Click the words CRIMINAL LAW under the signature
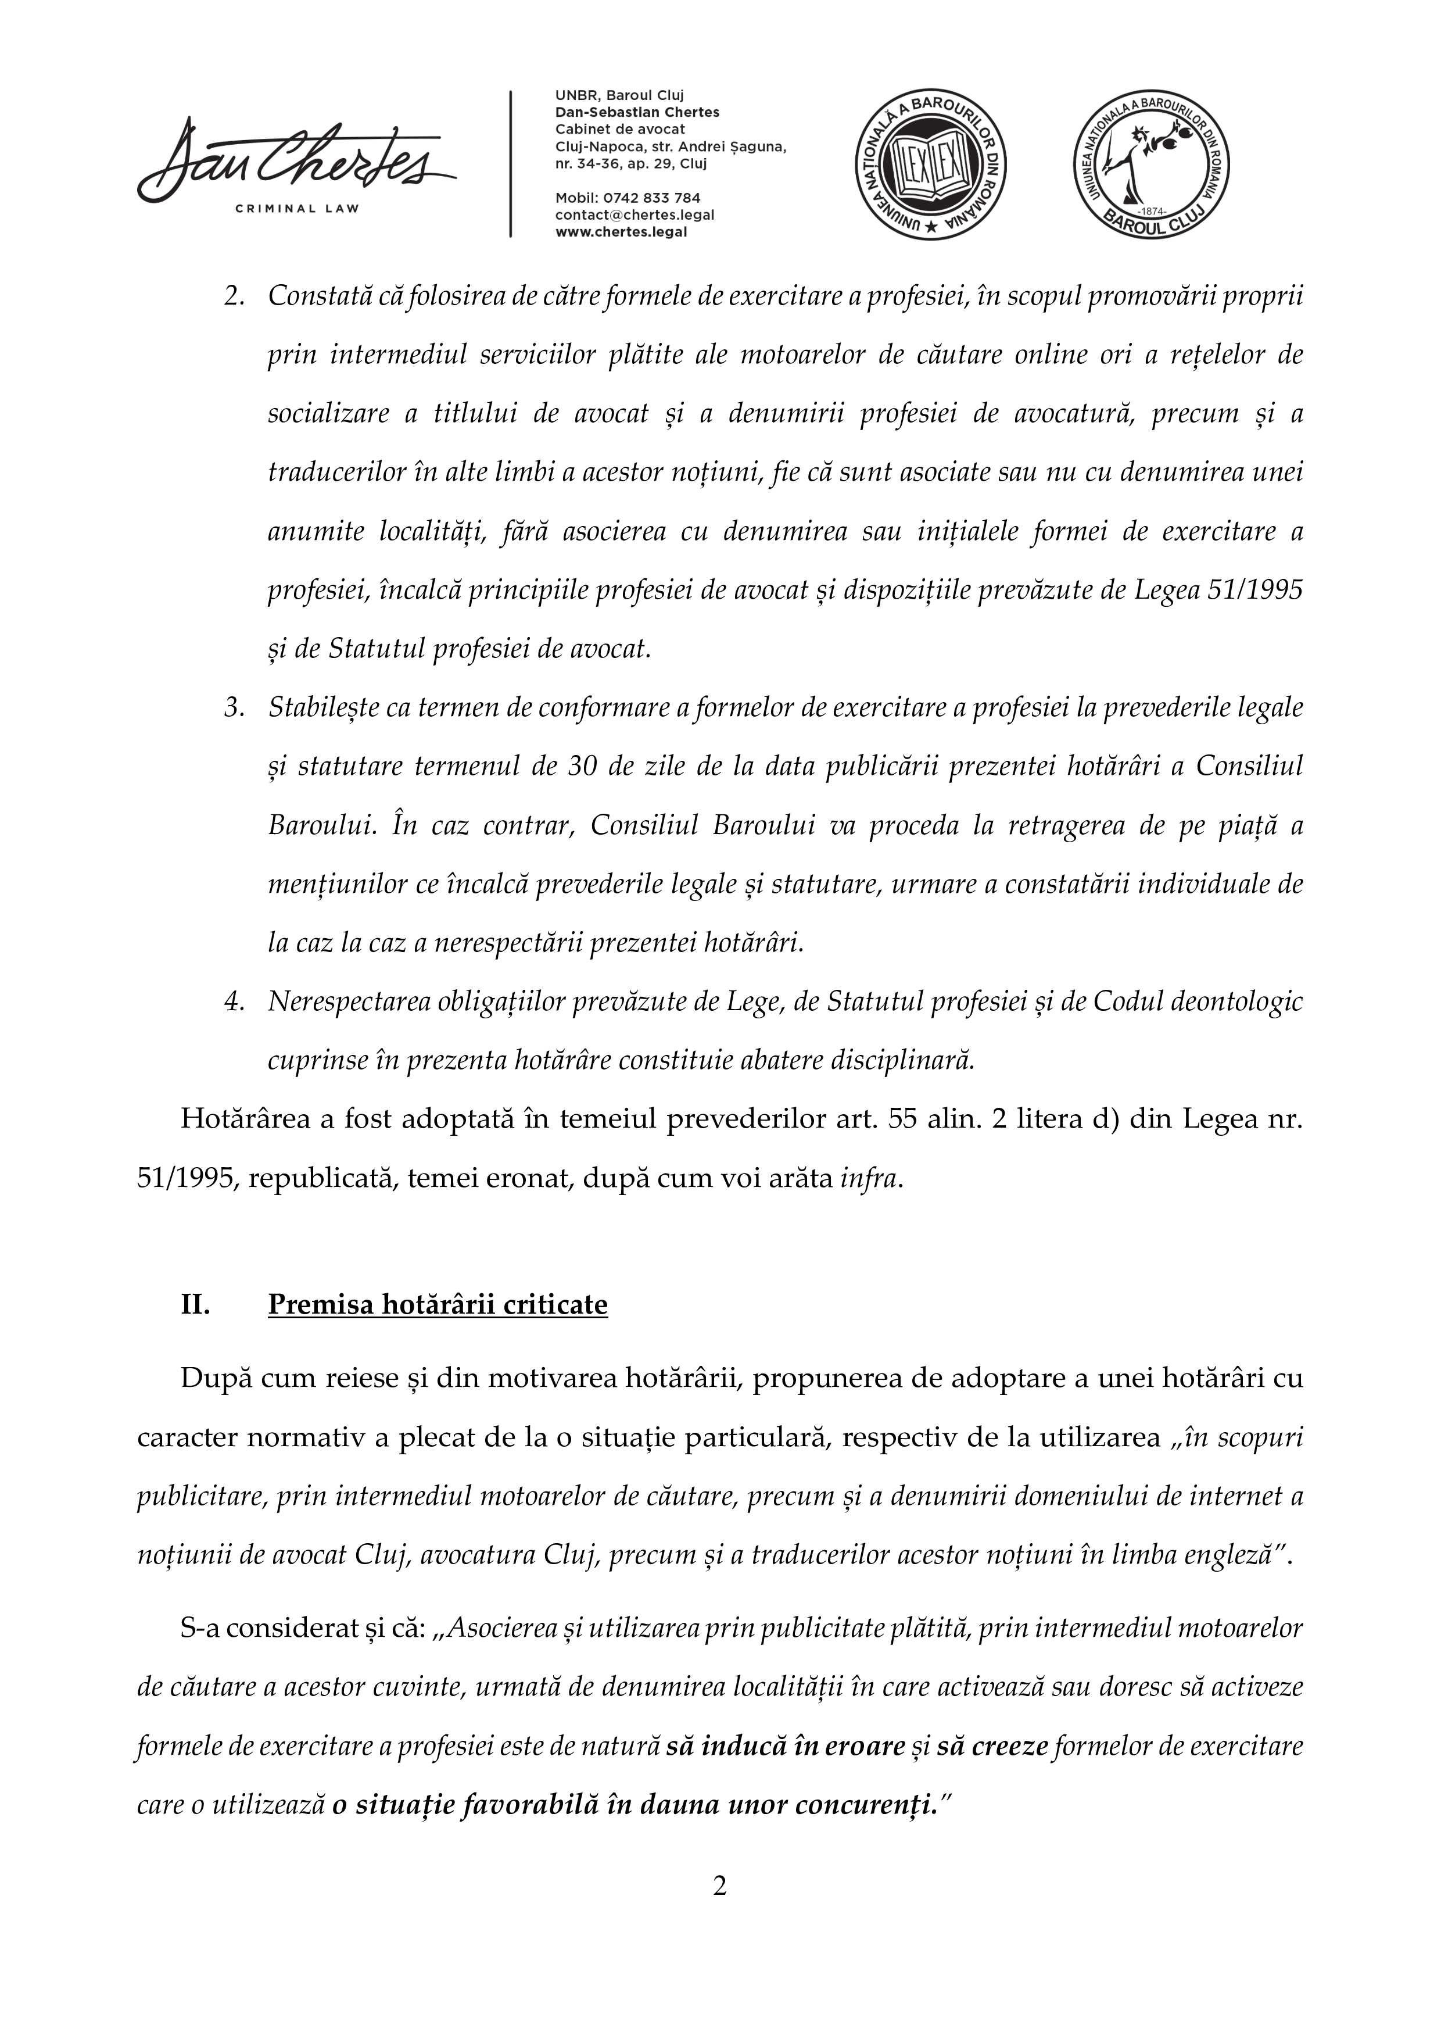(296, 209)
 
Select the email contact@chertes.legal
(634, 215)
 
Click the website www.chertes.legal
(621, 232)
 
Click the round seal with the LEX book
(930, 165)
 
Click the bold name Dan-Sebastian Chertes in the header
(637, 112)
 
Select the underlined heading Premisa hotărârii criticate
(438, 1304)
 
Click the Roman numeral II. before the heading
(195, 1304)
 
